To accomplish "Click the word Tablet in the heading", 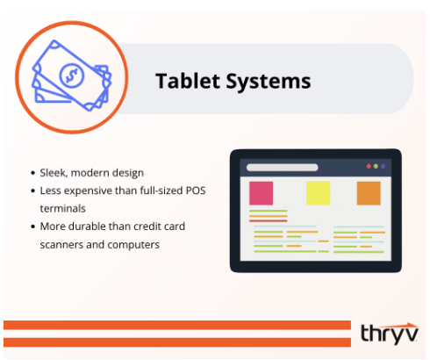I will click(x=183, y=82).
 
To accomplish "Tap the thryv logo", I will click(x=389, y=332).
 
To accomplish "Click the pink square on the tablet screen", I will click(x=261, y=193).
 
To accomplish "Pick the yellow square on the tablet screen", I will click(x=317, y=193).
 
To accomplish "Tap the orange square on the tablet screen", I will click(x=369, y=193).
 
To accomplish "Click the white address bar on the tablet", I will click(x=293, y=167).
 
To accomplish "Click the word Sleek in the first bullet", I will click(x=54, y=172).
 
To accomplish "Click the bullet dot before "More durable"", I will click(x=32, y=227).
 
